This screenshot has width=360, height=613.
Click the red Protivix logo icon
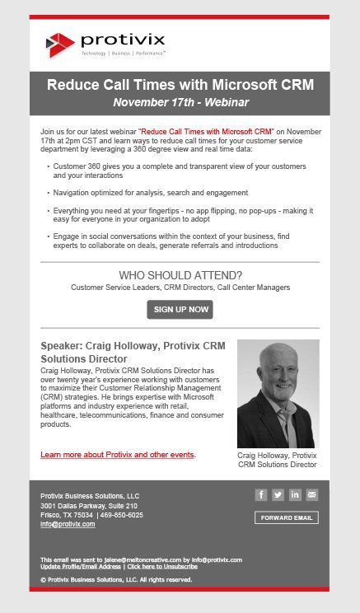click(59, 44)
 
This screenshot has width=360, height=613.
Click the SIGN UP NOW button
click(180, 310)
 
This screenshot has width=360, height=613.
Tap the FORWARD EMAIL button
click(286, 518)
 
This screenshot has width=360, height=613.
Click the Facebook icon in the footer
click(260, 495)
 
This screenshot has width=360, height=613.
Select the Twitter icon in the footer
click(278, 495)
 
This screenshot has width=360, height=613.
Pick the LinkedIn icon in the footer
click(295, 495)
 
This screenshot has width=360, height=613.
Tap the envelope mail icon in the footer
click(311, 495)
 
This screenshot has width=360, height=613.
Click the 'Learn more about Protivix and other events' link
click(118, 455)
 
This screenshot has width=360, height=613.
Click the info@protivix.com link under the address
click(68, 524)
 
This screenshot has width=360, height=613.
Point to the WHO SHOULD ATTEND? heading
click(180, 275)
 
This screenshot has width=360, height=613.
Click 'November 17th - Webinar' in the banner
click(180, 103)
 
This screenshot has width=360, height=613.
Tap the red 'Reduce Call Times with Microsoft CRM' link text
click(206, 131)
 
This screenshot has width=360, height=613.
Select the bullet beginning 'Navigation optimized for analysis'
click(151, 193)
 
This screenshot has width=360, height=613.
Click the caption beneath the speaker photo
click(277, 460)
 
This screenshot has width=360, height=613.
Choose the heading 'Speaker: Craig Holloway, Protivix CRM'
click(132, 346)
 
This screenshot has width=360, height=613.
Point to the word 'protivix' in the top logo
click(123, 40)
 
